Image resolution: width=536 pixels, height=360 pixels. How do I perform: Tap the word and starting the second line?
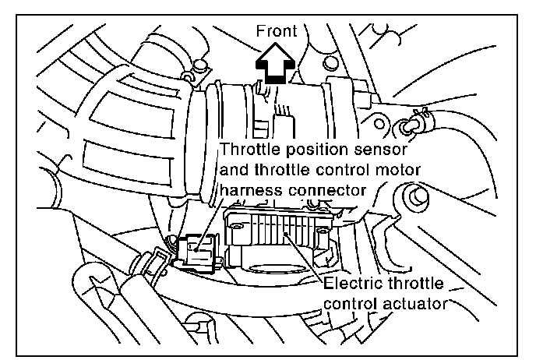click(x=236, y=169)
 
